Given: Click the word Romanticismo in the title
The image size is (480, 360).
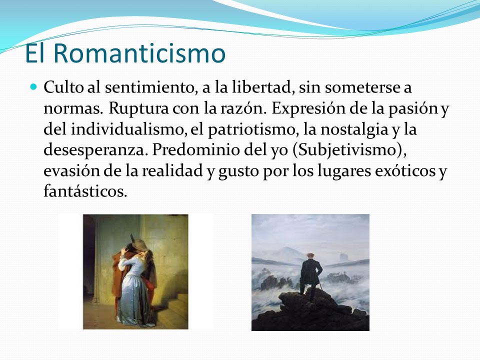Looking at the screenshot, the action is click(x=139, y=53).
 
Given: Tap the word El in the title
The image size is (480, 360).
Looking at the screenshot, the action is click(x=34, y=53).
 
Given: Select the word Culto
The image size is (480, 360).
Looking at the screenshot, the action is click(x=63, y=87).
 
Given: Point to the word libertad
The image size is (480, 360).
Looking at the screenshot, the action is click(x=261, y=87).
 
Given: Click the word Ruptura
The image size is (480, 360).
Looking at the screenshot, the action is click(x=138, y=108).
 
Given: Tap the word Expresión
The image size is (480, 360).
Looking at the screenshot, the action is click(x=308, y=108).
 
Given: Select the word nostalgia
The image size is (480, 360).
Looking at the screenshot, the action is click(x=354, y=129).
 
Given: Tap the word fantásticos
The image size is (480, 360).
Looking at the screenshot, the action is click(x=85, y=191).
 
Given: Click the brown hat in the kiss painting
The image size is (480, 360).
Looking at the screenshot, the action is click(x=139, y=244).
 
